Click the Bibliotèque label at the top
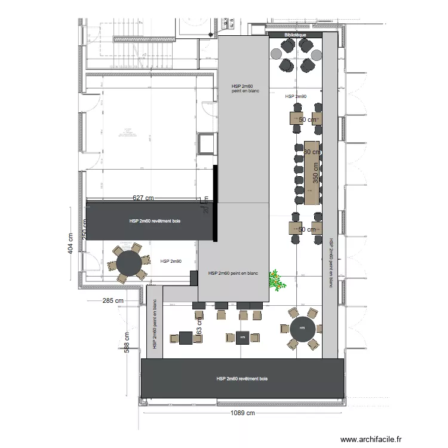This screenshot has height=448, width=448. [x=296, y=35]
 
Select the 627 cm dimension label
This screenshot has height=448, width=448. [x=143, y=198]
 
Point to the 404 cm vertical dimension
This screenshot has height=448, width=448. [x=70, y=243]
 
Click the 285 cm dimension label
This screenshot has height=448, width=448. [x=113, y=300]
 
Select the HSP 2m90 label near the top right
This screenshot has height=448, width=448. [x=296, y=96]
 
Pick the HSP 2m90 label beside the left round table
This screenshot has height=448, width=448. [x=171, y=261]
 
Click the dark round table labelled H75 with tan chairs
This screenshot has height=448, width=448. [x=302, y=328]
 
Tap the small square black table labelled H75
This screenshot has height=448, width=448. [x=243, y=337]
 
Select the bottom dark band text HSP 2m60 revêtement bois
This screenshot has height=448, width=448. [x=242, y=379]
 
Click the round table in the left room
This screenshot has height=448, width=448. [x=128, y=263]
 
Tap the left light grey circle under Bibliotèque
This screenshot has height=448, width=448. [x=277, y=54]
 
